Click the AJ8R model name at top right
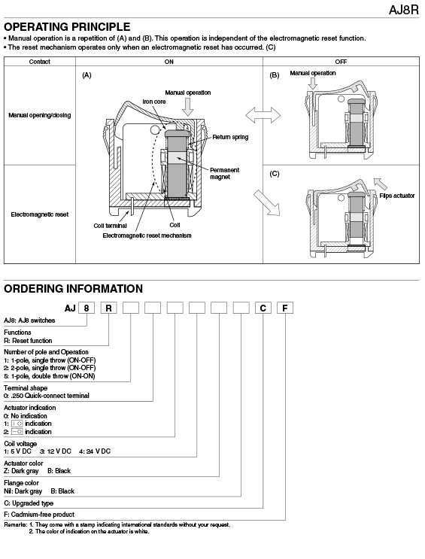pyautogui.click(x=404, y=10)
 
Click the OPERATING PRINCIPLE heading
pyautogui.click(x=67, y=27)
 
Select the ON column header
pyautogui.click(x=169, y=62)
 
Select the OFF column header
pyautogui.click(x=341, y=62)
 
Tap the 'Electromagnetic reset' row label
pyautogui.click(x=40, y=214)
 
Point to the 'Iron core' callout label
pyautogui.click(x=154, y=102)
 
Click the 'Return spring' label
pyautogui.click(x=230, y=137)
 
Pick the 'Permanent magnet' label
pyautogui.click(x=224, y=173)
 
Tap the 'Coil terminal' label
pyautogui.click(x=110, y=226)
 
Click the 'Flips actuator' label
pyautogui.click(x=397, y=196)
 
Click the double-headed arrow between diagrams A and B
pyautogui.click(x=263, y=116)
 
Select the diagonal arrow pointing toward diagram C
pyautogui.click(x=267, y=203)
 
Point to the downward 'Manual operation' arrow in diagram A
pyautogui.click(x=187, y=106)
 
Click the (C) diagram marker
pyautogui.click(x=275, y=174)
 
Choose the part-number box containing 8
pyautogui.click(x=87, y=308)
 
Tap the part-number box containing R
pyautogui.click(x=109, y=308)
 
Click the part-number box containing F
pyautogui.click(x=285, y=308)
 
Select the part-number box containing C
pyautogui.click(x=263, y=308)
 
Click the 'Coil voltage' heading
pyautogui.click(x=20, y=443)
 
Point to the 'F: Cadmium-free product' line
pyautogui.click(x=39, y=515)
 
